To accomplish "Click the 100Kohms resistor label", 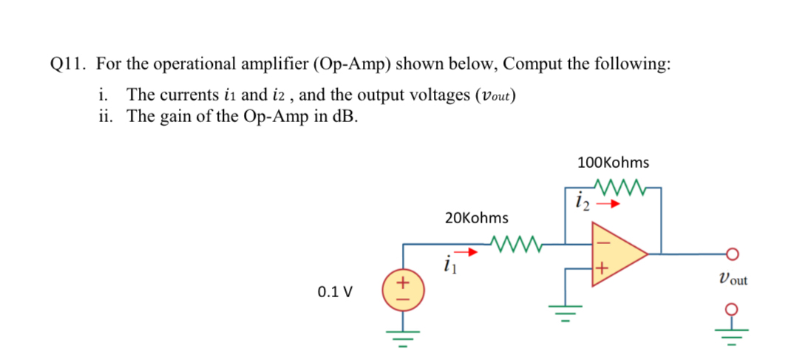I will click(x=613, y=162).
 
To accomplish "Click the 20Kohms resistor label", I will click(x=477, y=218).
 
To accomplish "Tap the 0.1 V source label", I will click(x=335, y=291).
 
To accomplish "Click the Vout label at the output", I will click(x=732, y=279).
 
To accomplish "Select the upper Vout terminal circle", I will click(x=733, y=254).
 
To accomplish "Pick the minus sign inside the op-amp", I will click(x=601, y=238).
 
